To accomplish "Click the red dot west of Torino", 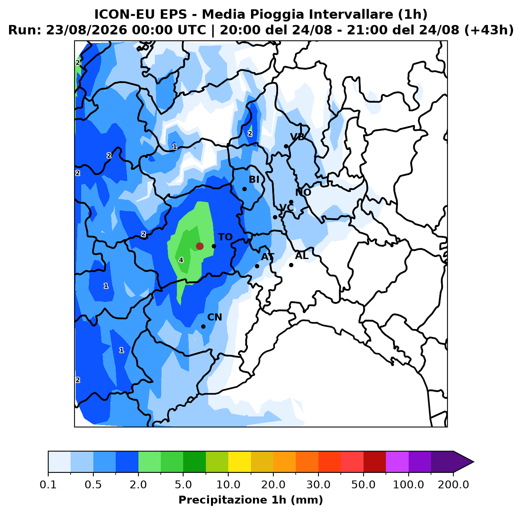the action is tap(200, 246).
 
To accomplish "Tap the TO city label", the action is tap(226, 237).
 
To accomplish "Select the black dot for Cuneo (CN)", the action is tap(203, 326).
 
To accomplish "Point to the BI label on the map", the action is tap(254, 179).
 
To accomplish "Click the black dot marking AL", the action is tap(291, 265).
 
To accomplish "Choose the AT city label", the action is tap(268, 257).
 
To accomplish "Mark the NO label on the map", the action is tap(303, 192).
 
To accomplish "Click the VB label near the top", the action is tap(297, 137).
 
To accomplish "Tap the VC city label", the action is tap(286, 208).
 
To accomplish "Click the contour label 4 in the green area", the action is tap(181, 260).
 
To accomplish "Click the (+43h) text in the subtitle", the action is tap(489, 30).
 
